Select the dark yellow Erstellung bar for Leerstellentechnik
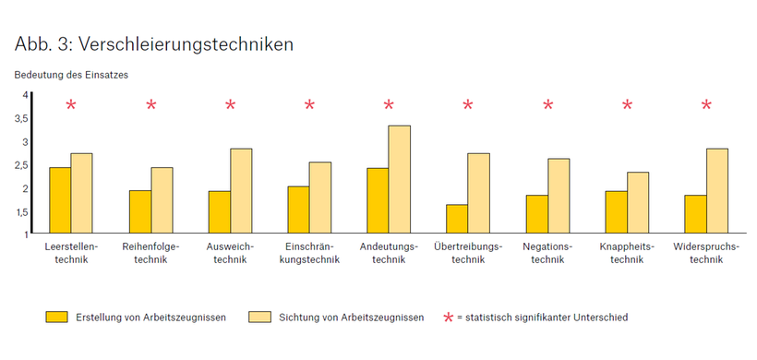coord(59,200)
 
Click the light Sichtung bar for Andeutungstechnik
coord(399,179)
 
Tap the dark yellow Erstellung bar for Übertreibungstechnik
coord(456,219)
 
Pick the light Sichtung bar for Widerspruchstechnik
coord(716,190)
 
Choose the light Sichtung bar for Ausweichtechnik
coord(241,190)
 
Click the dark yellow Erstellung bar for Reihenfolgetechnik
coord(139,212)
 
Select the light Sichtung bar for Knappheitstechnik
coord(638,202)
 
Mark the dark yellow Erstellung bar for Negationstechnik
coord(536,214)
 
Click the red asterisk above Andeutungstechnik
coord(389,105)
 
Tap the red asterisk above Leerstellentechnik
coord(71,105)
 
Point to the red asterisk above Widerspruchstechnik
coord(706,105)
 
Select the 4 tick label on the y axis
coord(25,95)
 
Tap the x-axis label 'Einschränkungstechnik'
coord(309,253)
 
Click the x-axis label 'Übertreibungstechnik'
coord(468,253)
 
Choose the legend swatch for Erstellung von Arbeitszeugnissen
coord(58,317)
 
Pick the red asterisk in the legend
coord(449,318)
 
